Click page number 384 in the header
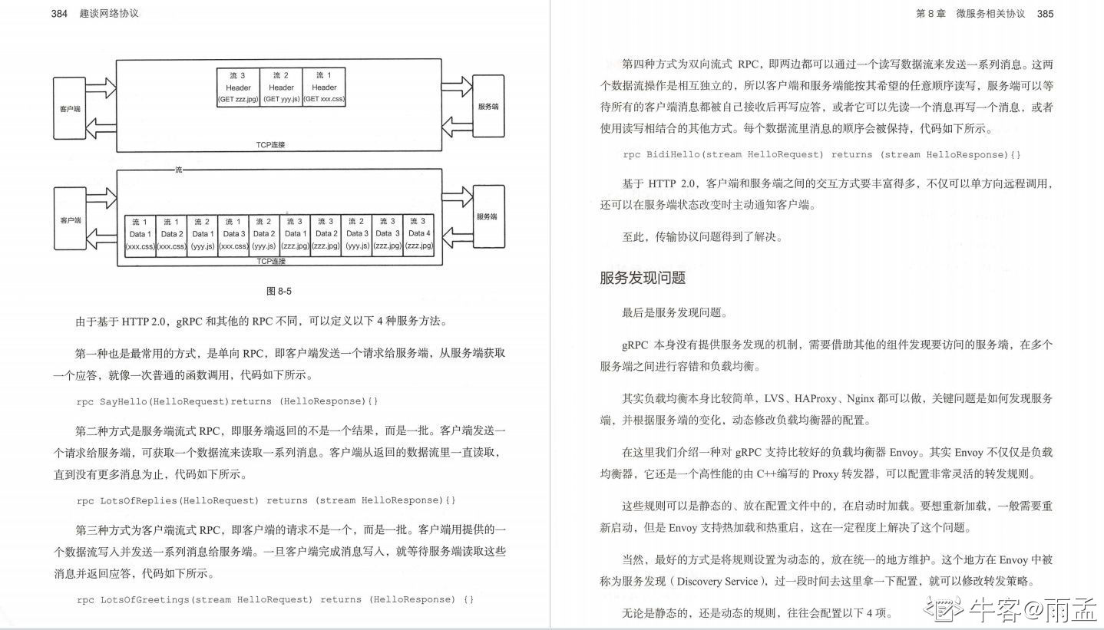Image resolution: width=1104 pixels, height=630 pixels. click(x=59, y=13)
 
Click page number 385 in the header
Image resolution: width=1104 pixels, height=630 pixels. click(x=1046, y=13)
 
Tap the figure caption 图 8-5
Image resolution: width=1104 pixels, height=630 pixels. click(x=279, y=291)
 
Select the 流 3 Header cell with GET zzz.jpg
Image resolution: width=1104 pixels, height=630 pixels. click(x=238, y=87)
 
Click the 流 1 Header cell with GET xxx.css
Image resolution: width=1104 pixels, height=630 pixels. click(x=324, y=87)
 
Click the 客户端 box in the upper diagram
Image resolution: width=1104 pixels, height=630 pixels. click(x=70, y=108)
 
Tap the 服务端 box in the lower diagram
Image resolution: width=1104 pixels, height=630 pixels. click(x=488, y=216)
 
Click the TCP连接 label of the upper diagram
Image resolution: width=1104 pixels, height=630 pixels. click(x=270, y=145)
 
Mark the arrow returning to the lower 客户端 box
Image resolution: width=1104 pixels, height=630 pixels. click(x=101, y=239)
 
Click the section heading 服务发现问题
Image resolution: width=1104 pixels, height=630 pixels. click(x=643, y=278)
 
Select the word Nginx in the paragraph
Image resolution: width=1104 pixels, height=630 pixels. click(x=861, y=398)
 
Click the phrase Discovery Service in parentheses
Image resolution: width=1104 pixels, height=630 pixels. click(x=717, y=581)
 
